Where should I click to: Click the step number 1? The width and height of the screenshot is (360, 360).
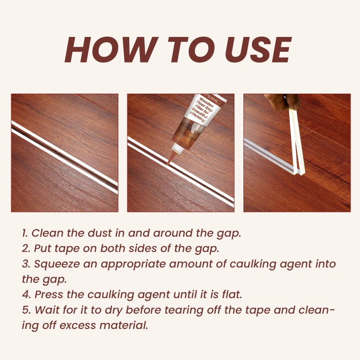coord(24,233)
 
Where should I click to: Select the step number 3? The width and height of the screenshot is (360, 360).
coord(25,264)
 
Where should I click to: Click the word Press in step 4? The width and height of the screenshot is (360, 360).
coord(47,295)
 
